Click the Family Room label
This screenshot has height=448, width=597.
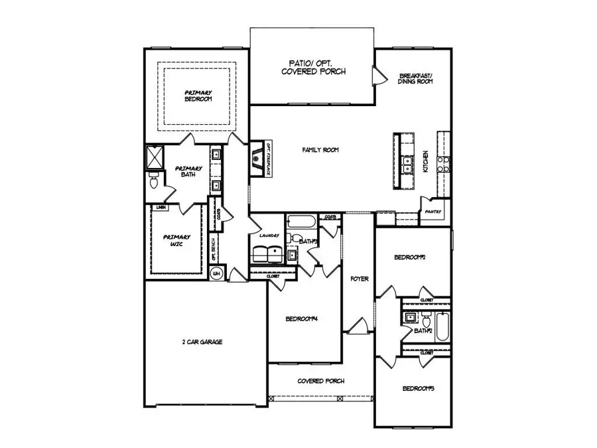pyautogui.click(x=320, y=151)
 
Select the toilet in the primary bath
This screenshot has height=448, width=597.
pyautogui.click(x=152, y=181)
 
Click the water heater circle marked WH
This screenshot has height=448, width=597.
pyautogui.click(x=216, y=273)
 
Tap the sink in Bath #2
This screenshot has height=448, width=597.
pyautogui.click(x=410, y=317)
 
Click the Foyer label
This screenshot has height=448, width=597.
pyautogui.click(x=359, y=279)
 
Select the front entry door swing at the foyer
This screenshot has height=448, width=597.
pyautogui.click(x=357, y=326)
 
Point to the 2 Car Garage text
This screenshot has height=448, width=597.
pyautogui.click(x=202, y=342)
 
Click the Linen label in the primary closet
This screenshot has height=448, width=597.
pyautogui.click(x=161, y=208)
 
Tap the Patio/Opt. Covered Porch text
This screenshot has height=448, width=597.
pyautogui.click(x=313, y=66)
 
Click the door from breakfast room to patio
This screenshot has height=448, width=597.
pyautogui.click(x=377, y=75)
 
